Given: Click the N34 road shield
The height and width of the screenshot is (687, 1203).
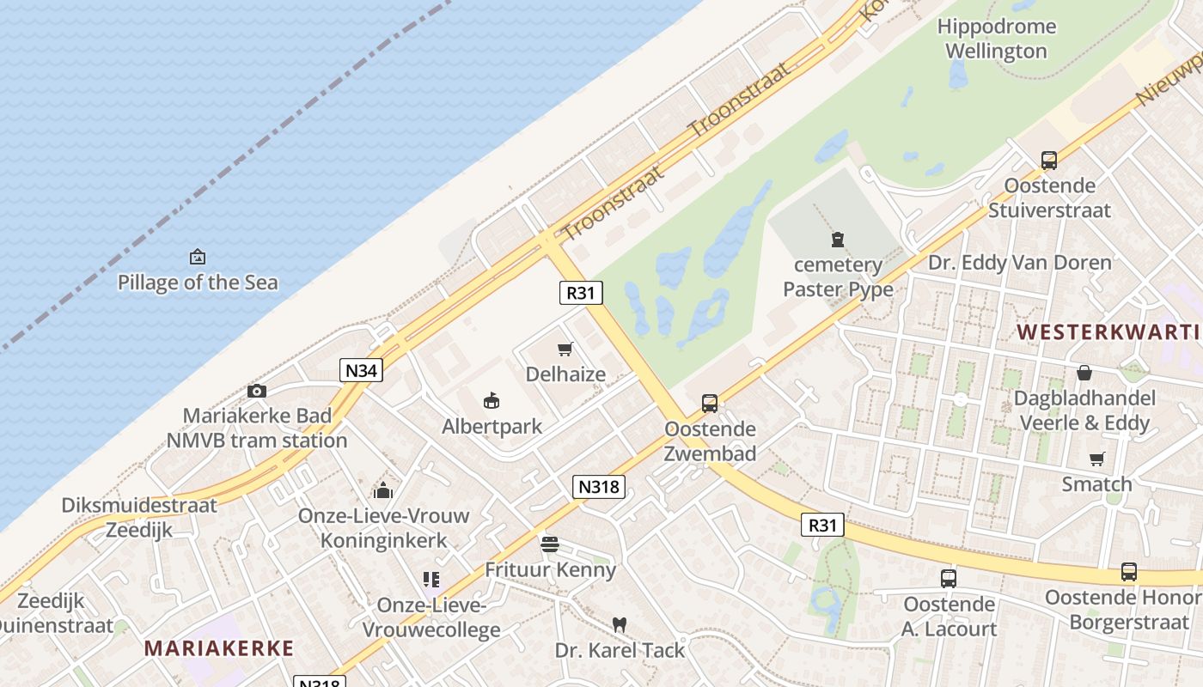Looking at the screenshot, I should [361, 370].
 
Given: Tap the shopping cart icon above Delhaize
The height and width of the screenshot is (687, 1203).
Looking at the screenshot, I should [565, 349].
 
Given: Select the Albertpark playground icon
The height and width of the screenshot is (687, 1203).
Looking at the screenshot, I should [492, 400].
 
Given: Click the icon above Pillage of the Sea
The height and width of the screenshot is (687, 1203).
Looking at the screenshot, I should [198, 257].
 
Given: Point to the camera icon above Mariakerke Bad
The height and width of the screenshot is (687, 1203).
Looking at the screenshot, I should [256, 392].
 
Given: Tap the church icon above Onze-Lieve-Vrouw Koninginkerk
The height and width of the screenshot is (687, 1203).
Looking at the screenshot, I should [382, 490].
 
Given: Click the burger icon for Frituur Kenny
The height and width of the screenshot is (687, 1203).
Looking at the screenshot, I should [550, 544].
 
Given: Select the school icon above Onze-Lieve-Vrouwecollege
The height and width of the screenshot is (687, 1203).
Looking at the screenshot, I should [431, 580].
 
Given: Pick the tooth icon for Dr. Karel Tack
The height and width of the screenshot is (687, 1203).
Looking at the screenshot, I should [619, 625].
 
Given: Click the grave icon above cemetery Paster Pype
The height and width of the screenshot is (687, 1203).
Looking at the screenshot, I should [838, 240].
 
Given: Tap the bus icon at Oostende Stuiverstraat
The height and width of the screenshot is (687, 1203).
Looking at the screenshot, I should [1048, 160].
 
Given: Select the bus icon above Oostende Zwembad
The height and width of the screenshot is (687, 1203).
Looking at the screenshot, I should [710, 404].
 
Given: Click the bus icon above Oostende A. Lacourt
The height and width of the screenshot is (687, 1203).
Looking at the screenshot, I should [949, 579].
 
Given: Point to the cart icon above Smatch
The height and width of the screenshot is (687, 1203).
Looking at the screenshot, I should [1096, 459].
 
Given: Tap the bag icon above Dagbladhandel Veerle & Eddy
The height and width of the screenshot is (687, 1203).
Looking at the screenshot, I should [1084, 373].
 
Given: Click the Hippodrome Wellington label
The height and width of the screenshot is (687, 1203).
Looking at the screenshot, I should [997, 39].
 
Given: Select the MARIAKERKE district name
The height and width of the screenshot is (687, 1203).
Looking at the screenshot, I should [219, 648].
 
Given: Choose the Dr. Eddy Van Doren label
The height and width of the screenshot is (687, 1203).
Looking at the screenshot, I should [1019, 262].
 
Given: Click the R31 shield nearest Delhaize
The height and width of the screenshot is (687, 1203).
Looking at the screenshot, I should [581, 293].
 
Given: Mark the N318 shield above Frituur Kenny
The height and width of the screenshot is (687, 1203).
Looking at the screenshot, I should [598, 487].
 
